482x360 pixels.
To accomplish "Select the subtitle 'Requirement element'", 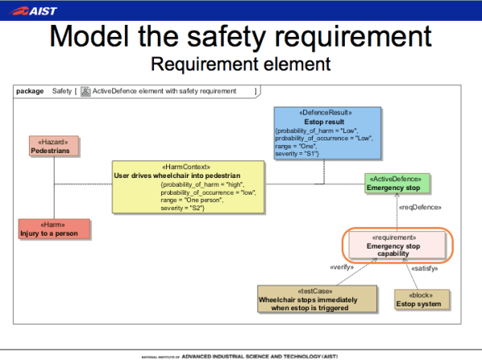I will coord(241,63).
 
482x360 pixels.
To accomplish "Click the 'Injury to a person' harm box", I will coord(55,229).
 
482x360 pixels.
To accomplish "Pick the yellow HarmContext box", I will coord(188,188).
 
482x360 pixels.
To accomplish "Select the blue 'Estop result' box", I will coord(324,133).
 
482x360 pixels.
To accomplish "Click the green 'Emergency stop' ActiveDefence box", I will coord(399,183).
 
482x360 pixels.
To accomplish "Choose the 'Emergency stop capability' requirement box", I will coord(393,245).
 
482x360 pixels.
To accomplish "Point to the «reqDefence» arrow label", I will coord(415,208).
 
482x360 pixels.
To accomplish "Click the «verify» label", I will coord(343,267).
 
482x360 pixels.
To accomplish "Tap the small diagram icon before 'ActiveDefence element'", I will coord(86,91).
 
